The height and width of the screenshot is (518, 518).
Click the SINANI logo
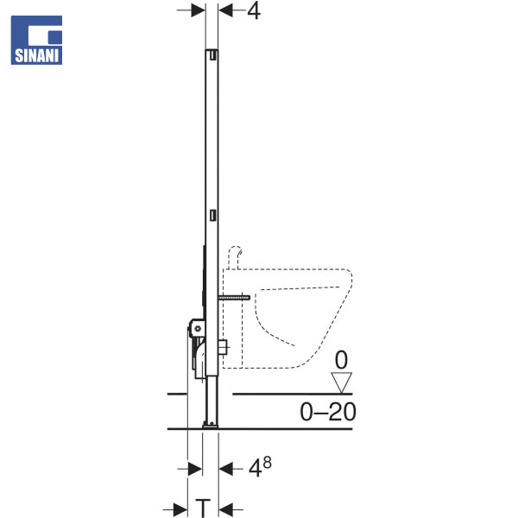coord(36,40)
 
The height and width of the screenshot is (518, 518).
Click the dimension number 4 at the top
coord(254,11)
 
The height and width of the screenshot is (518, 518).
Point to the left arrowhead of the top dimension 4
coord(199,10)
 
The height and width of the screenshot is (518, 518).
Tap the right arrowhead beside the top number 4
coord(225,10)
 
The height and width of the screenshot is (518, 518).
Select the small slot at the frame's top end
coord(213,55)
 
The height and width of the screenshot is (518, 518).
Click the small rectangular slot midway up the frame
coord(213,215)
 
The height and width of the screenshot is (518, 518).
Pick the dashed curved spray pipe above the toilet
coord(235,256)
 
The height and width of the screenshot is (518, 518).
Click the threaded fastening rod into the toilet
coord(234,298)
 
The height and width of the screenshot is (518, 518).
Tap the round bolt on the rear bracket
coord(198,328)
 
